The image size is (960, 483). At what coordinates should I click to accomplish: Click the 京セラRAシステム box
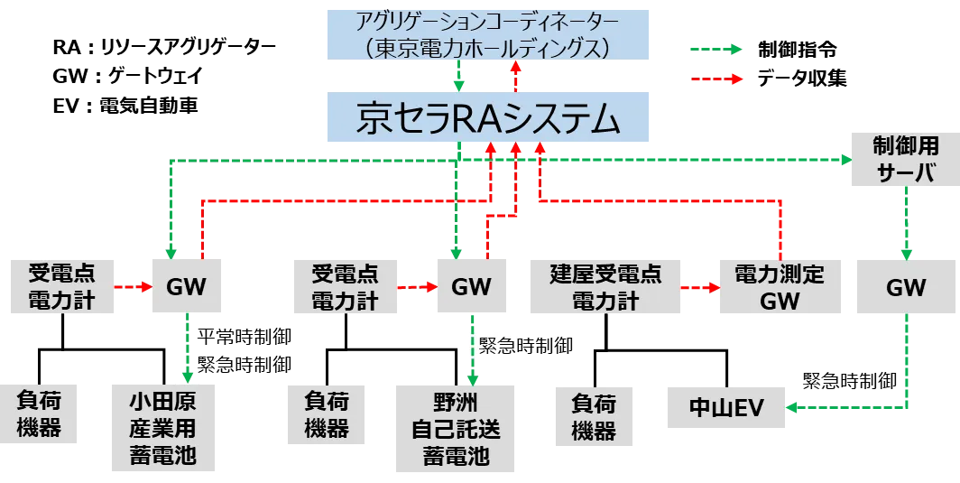[487, 116]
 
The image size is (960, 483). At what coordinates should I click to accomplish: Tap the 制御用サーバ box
[906, 159]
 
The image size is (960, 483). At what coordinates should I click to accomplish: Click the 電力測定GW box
[780, 288]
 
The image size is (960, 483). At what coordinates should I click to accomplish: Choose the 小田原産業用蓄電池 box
[162, 430]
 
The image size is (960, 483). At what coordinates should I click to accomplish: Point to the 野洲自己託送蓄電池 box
[456, 430]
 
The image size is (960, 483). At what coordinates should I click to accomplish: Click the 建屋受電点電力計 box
[605, 288]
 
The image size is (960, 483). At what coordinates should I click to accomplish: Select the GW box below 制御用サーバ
[906, 288]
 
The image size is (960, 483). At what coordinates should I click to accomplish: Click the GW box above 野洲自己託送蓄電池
[471, 288]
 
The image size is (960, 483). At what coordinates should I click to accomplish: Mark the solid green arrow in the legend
[715, 50]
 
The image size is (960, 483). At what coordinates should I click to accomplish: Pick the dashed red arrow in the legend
[715, 79]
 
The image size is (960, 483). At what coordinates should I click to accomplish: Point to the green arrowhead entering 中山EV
[793, 408]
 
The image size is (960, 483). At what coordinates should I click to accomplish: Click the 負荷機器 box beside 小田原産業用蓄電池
[39, 415]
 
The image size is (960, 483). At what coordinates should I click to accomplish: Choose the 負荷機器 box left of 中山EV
[593, 415]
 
